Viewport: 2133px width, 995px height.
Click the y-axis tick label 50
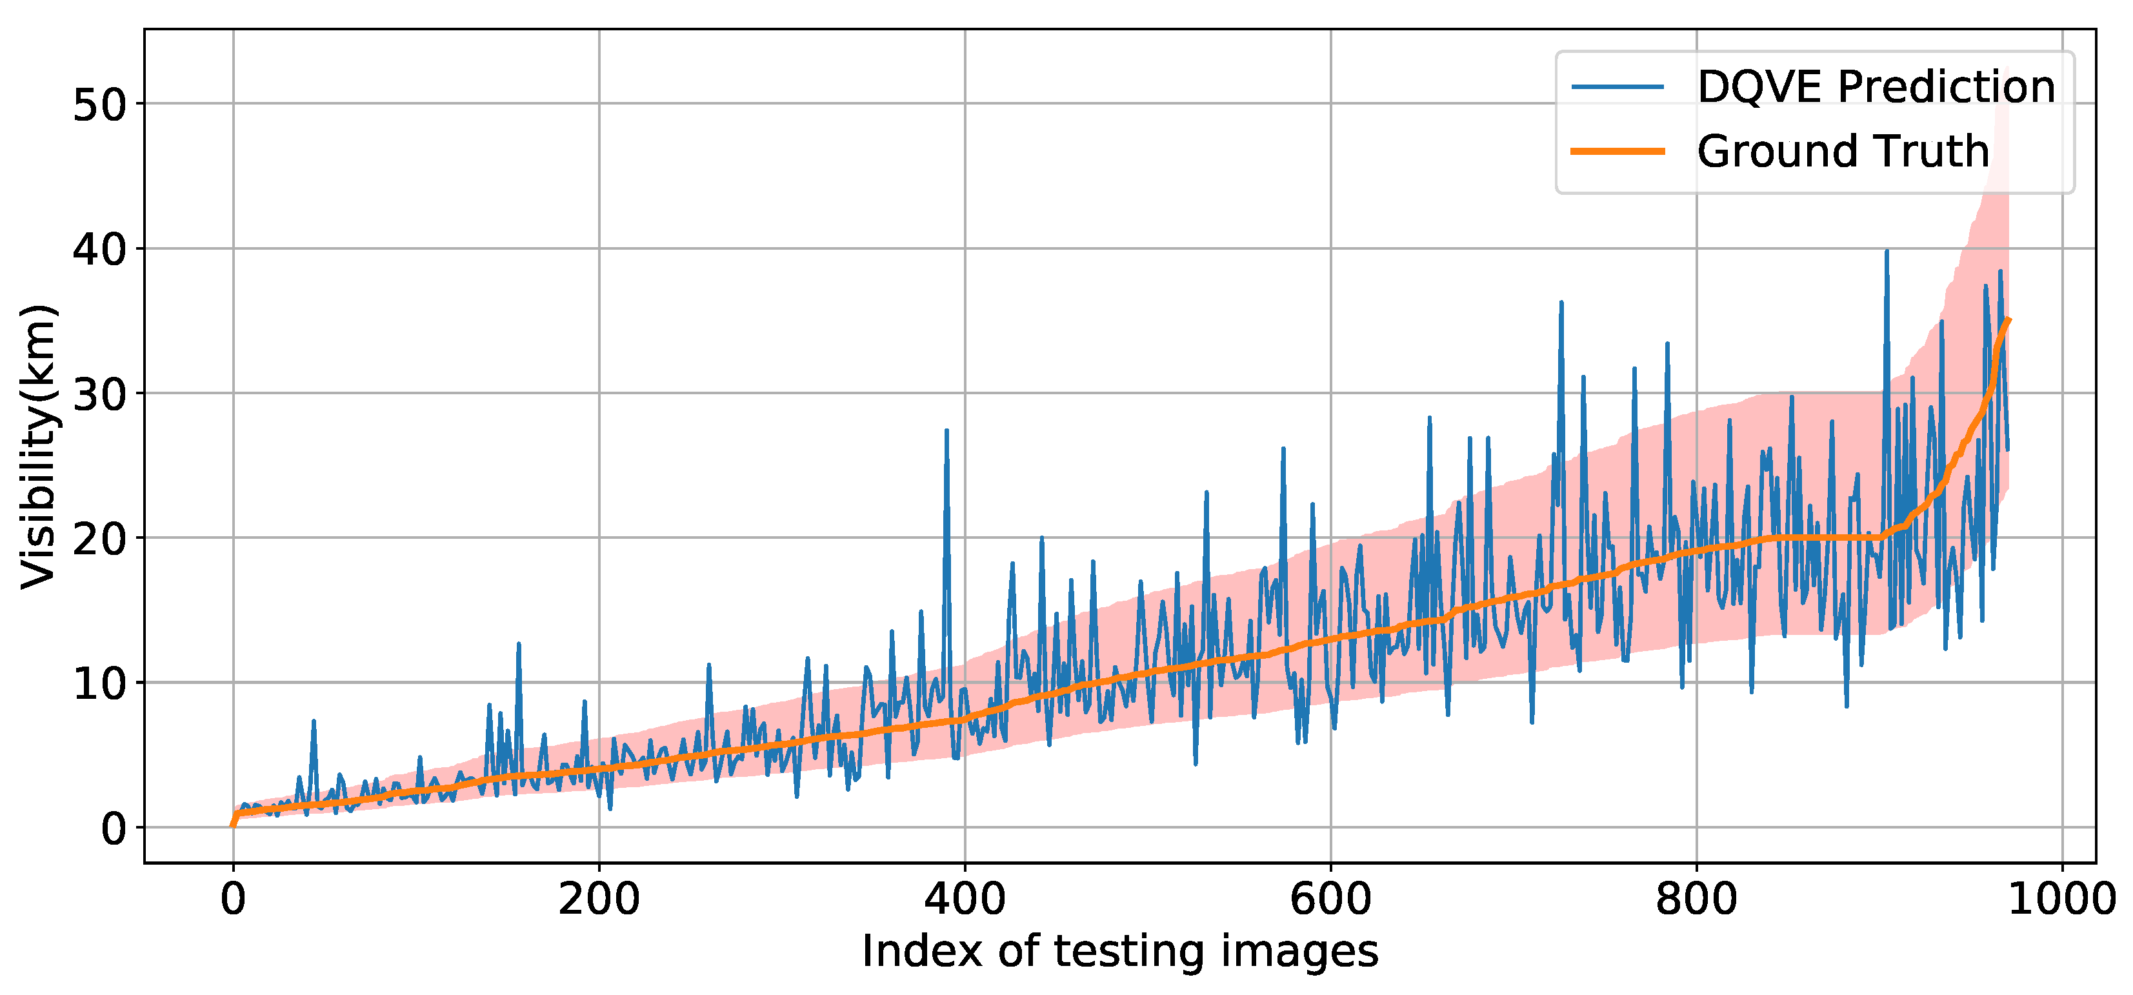point(99,106)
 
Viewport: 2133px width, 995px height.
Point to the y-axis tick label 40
point(99,249)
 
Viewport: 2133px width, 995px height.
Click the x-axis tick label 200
point(599,900)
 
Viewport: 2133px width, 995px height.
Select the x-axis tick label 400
point(965,900)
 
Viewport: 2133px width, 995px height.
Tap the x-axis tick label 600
point(1330,900)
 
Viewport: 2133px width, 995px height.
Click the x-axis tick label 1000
point(2061,900)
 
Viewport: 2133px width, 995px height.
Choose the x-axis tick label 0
point(234,900)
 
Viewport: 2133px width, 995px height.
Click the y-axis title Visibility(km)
point(39,447)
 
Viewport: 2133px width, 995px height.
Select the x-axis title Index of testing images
point(1119,952)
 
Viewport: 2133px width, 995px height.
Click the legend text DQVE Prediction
point(1876,87)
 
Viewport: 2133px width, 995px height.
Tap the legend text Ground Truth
point(1843,152)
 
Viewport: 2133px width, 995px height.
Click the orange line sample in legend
point(1617,152)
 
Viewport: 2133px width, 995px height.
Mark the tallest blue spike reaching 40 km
point(1887,252)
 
